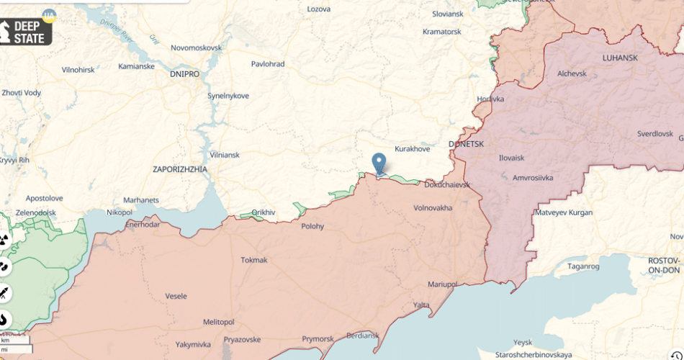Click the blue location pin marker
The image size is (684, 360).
click(379, 163)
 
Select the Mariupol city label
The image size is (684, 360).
click(441, 284)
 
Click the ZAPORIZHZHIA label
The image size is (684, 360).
click(180, 169)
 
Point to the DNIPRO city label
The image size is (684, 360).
click(184, 73)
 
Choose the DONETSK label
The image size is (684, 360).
click(466, 144)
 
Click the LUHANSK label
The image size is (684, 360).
click(620, 57)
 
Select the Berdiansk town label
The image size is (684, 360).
click(361, 336)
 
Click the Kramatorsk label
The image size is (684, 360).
click(441, 32)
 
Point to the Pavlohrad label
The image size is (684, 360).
click(267, 64)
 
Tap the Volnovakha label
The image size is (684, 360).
click(433, 208)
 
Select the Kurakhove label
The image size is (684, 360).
click(412, 149)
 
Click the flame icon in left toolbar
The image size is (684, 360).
click(4, 318)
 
